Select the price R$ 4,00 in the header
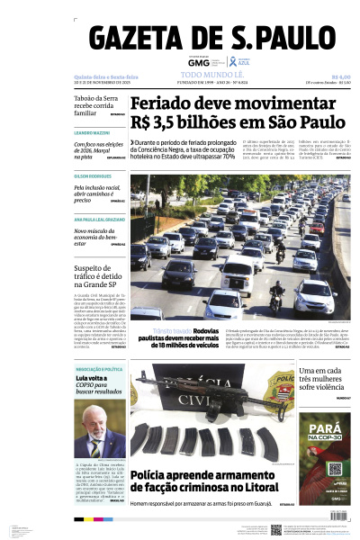pos(339,77)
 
